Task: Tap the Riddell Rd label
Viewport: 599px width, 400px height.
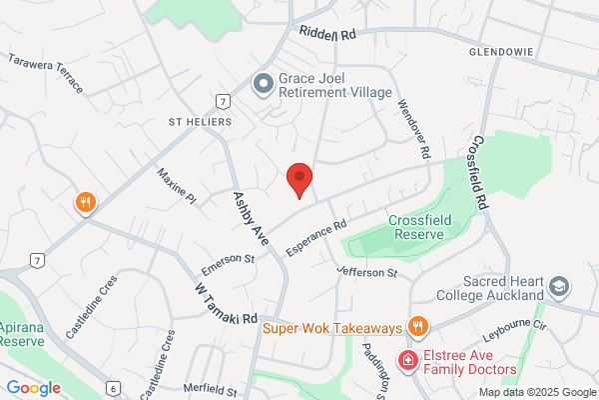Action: (327, 33)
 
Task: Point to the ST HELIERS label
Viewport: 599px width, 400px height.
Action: (201, 121)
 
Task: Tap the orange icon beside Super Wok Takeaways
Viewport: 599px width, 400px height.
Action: (418, 326)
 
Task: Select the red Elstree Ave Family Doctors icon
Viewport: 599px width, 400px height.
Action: (407, 360)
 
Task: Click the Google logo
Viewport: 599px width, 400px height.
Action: (34, 387)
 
